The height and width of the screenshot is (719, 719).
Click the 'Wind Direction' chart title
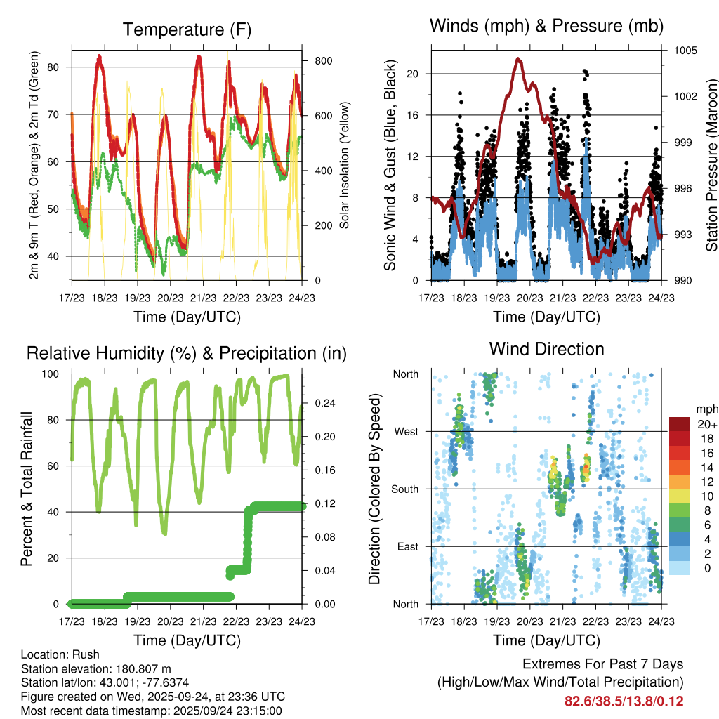(546, 349)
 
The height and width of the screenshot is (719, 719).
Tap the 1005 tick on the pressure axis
(686, 51)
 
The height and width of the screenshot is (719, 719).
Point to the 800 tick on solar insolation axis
(323, 61)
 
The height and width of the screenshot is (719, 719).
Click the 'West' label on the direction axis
(406, 431)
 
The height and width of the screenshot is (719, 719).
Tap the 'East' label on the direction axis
(407, 546)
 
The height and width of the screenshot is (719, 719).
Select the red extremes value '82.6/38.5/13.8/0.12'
(624, 701)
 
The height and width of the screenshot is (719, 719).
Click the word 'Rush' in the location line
(86, 654)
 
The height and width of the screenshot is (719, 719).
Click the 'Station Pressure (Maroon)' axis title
(711, 166)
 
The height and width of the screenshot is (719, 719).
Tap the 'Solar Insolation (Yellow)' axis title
(344, 166)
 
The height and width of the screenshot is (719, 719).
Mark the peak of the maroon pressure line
(519, 59)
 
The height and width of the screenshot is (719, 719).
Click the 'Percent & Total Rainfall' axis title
(26, 489)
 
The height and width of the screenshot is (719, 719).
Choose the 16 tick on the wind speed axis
(413, 114)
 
